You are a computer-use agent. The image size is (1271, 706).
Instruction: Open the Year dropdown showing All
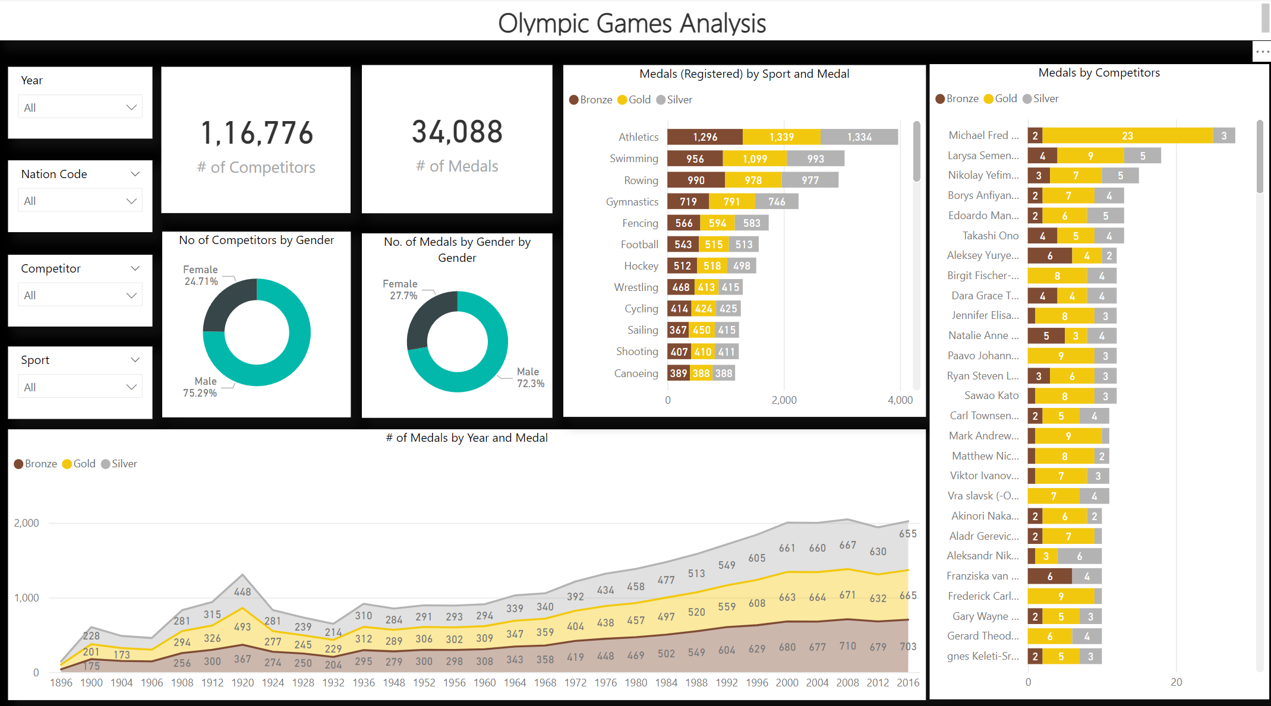(x=80, y=107)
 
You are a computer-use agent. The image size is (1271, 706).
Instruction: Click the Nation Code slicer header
(x=54, y=174)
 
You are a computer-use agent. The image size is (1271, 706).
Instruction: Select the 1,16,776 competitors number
(x=256, y=133)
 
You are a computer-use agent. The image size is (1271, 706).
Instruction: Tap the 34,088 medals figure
(x=457, y=132)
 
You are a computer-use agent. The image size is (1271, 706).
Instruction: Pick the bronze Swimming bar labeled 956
(x=695, y=159)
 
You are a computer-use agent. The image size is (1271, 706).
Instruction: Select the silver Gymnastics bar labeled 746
(x=777, y=202)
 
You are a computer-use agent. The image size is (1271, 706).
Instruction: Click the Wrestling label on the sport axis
(x=636, y=287)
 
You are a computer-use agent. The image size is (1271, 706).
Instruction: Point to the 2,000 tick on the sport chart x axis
(x=784, y=400)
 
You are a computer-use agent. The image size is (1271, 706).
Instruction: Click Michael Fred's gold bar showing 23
(x=1127, y=136)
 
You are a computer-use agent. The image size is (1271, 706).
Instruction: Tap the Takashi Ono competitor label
(x=990, y=236)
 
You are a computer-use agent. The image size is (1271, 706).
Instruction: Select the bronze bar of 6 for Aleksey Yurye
(x=1049, y=256)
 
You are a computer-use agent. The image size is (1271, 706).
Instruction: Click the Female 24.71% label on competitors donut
(x=201, y=276)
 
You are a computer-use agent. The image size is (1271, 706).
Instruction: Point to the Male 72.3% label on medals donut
(x=530, y=378)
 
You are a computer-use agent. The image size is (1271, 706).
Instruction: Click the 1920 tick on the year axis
(x=242, y=683)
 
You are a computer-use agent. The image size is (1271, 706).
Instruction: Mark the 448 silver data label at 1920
(x=242, y=592)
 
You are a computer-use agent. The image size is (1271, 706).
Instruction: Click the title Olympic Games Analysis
(x=632, y=23)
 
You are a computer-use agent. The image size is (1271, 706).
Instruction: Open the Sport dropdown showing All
(x=80, y=387)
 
